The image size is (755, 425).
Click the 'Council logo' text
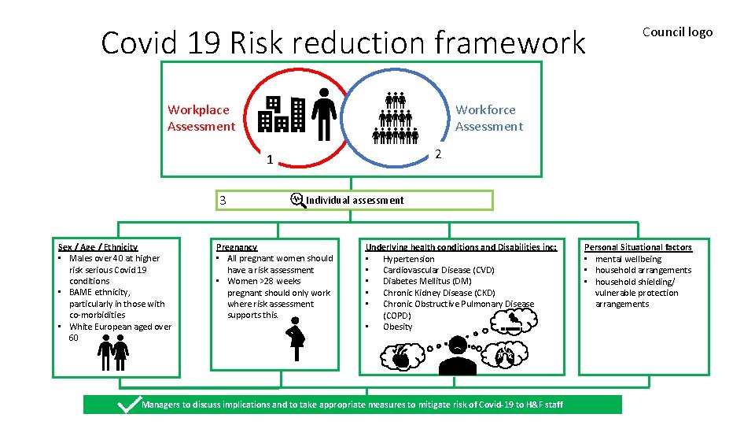click(677, 32)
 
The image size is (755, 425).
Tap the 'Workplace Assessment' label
click(201, 118)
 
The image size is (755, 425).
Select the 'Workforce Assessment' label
click(488, 118)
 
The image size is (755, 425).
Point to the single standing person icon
click(322, 113)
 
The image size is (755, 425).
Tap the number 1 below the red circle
click(270, 161)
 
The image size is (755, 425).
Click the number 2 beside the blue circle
click(439, 154)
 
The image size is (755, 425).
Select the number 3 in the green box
click(223, 201)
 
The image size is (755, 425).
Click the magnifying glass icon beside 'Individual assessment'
click(296, 199)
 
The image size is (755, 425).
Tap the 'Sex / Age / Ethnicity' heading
click(98, 247)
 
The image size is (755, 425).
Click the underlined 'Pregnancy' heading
click(237, 247)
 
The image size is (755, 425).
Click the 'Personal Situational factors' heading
click(638, 247)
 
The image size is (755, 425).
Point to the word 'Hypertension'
click(408, 259)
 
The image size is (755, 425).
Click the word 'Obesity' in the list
click(397, 327)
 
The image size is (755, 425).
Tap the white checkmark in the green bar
click(126, 404)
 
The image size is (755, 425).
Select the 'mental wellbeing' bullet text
click(628, 259)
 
